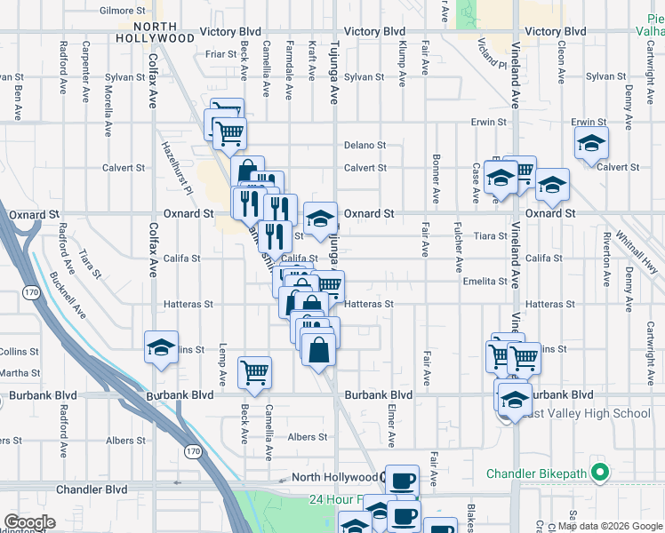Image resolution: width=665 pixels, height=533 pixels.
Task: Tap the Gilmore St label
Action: click(123, 11)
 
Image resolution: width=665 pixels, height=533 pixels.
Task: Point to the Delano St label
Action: click(365, 145)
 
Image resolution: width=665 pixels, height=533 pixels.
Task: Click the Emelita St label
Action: click(485, 282)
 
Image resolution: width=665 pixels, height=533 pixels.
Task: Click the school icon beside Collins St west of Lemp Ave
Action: click(161, 347)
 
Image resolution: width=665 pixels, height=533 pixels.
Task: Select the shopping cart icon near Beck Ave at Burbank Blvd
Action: click(255, 371)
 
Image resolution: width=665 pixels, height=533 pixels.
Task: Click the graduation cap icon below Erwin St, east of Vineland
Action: click(591, 143)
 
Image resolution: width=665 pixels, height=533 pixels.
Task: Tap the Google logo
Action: click(29, 522)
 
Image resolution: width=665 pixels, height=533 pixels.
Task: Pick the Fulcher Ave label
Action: click(459, 246)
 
